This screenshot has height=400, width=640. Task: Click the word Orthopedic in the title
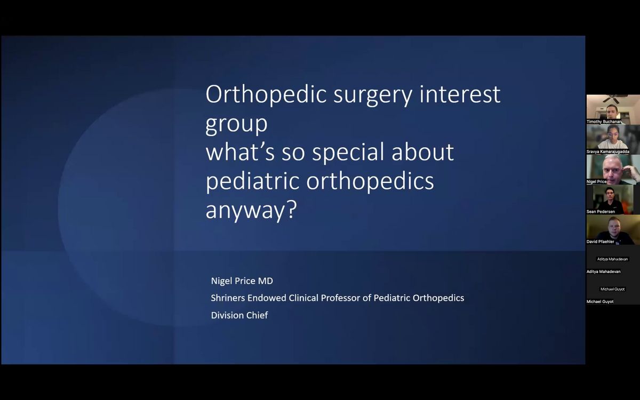[x=266, y=95]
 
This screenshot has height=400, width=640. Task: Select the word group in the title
[x=236, y=125]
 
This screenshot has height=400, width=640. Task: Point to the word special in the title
[x=348, y=153]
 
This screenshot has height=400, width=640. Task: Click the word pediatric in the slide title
[x=252, y=182]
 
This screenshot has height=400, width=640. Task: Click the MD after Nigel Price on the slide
[x=266, y=281]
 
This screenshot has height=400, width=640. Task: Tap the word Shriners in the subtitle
[x=228, y=298]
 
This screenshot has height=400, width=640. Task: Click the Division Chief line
[x=239, y=315]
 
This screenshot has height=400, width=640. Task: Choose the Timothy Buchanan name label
[x=604, y=122]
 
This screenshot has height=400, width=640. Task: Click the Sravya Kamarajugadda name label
[x=607, y=151]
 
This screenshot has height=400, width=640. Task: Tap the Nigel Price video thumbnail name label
[x=597, y=182]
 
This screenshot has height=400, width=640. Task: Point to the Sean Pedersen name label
[x=601, y=212]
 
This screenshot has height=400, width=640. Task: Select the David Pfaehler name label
[x=601, y=242]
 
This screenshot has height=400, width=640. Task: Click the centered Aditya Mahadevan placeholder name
[x=613, y=259]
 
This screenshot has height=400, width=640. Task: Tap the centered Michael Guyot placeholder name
[x=613, y=289]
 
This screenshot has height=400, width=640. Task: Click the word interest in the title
[x=460, y=95]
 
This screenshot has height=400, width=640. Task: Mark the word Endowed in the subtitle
[x=267, y=298]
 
